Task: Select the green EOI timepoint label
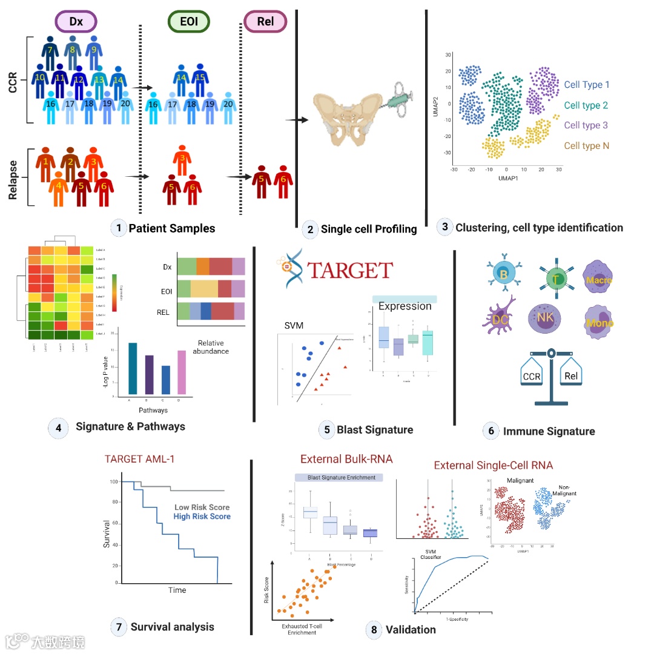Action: pyautogui.click(x=188, y=22)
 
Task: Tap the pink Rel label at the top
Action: pyautogui.click(x=264, y=22)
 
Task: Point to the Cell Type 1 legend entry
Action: pyautogui.click(x=587, y=85)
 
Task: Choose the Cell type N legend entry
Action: pyautogui.click(x=587, y=146)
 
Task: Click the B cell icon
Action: pyautogui.click(x=503, y=274)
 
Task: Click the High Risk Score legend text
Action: pyautogui.click(x=202, y=517)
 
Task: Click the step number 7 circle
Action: pyautogui.click(x=119, y=626)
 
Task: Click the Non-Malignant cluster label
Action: pyautogui.click(x=564, y=489)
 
